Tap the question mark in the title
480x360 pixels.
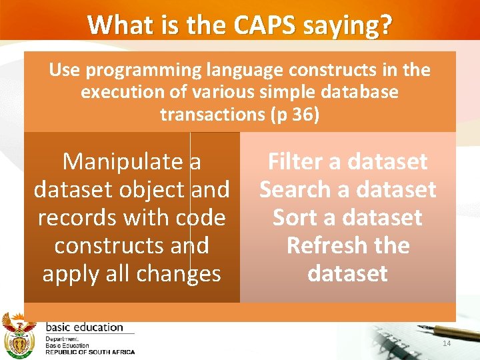click(x=386, y=25)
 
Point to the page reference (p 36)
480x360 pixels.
click(x=295, y=114)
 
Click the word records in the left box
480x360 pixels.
click(x=71, y=218)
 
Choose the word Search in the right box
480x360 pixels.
click(x=295, y=190)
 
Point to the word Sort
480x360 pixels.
click(x=297, y=218)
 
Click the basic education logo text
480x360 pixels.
click(x=84, y=327)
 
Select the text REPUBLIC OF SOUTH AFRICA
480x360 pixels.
click(x=89, y=352)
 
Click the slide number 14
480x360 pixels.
click(x=446, y=343)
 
